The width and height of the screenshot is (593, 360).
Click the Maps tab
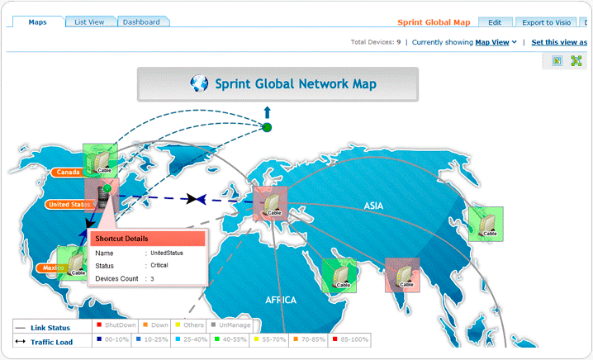tap(37, 22)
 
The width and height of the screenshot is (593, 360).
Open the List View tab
tap(90, 22)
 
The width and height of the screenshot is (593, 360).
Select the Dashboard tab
tap(141, 22)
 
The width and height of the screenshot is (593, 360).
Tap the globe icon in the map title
tap(198, 83)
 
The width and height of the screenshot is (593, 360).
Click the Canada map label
tap(69, 173)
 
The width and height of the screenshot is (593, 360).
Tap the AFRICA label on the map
tap(281, 301)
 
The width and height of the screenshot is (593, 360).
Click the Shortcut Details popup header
tap(146, 239)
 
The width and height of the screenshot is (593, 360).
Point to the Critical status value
tap(160, 266)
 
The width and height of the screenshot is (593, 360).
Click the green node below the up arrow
tap(267, 127)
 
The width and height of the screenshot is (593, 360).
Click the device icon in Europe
tap(270, 202)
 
